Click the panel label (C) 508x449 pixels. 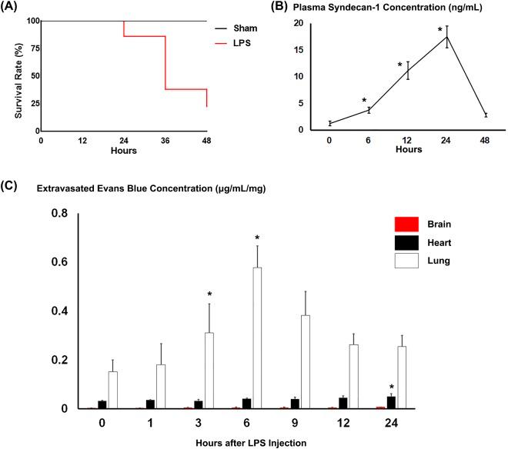click(12, 185)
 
